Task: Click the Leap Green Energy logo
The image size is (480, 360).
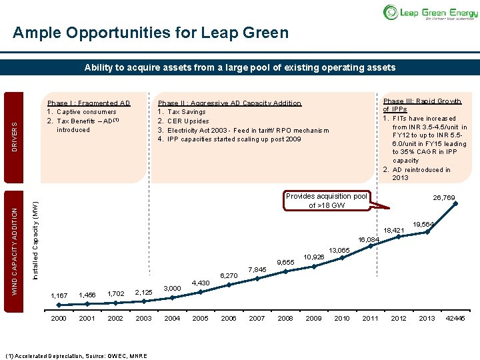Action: (x=429, y=12)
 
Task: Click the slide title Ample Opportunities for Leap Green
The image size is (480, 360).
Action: (x=151, y=33)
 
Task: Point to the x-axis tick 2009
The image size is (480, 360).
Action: (x=313, y=318)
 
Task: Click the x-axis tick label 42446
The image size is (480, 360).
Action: (x=455, y=318)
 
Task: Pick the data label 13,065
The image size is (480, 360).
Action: (x=339, y=250)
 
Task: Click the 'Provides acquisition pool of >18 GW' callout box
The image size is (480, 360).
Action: (x=327, y=201)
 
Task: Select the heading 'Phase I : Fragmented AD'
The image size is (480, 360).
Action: (x=89, y=103)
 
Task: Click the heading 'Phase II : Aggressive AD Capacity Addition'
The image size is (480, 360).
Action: (x=229, y=103)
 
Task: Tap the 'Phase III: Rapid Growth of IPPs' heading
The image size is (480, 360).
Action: (x=421, y=105)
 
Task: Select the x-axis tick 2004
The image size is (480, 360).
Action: (x=172, y=318)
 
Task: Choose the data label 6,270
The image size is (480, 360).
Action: (x=229, y=275)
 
